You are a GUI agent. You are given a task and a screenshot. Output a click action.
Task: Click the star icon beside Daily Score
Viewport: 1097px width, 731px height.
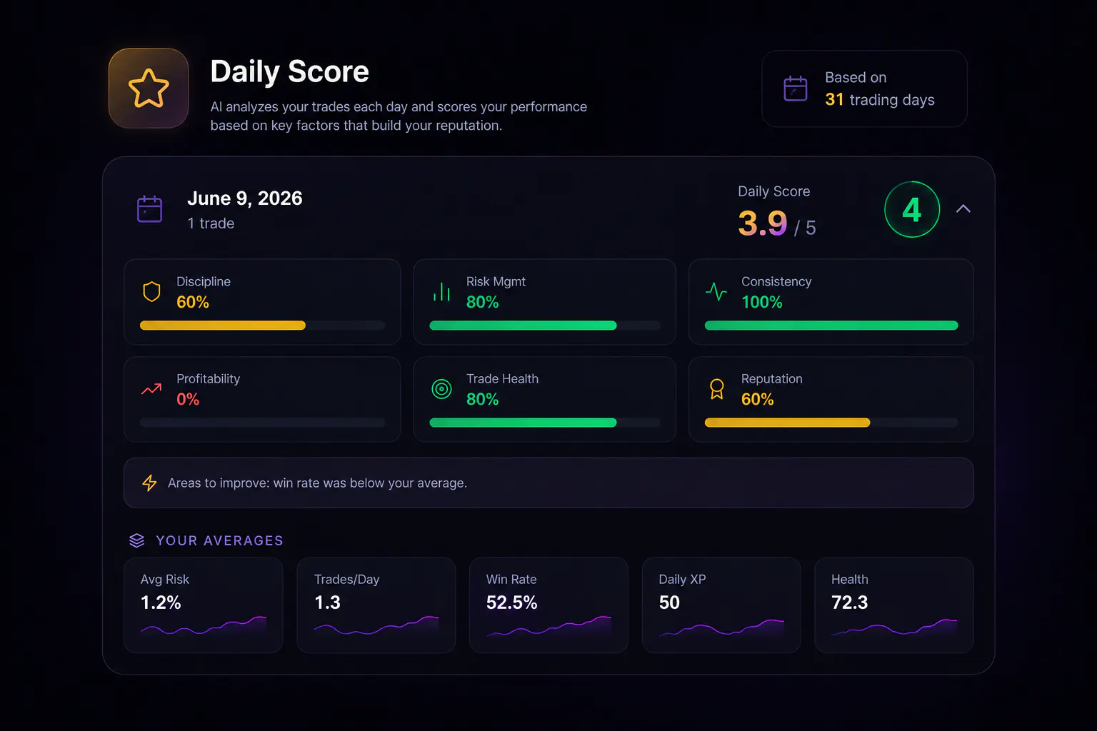149,88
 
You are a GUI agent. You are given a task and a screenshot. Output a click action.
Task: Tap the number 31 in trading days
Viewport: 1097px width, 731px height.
834,99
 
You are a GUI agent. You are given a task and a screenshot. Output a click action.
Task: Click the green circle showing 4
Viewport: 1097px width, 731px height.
911,210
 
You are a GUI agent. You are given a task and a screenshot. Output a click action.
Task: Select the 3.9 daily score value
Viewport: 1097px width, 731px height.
762,223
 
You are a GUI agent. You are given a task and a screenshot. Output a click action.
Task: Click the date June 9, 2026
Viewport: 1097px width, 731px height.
245,198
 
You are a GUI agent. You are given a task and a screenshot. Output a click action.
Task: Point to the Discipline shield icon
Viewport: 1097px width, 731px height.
151,292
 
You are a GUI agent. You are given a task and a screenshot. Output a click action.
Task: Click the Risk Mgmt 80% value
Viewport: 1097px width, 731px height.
482,302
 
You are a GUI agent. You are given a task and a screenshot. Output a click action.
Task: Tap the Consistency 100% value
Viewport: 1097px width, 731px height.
761,302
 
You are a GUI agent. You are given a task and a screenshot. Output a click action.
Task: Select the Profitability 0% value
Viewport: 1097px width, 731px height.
188,400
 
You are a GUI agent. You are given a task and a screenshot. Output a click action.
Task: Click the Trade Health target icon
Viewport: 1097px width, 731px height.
441,389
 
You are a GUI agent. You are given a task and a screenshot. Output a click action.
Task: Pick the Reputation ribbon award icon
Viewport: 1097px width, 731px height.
716,389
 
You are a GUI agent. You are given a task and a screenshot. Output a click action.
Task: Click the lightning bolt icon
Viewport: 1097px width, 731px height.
149,483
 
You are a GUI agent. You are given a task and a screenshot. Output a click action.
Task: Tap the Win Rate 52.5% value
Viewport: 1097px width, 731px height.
512,603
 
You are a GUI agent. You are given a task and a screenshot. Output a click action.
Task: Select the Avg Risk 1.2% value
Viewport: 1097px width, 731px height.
161,603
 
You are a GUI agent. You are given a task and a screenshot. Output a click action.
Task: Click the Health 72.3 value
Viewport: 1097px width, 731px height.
850,603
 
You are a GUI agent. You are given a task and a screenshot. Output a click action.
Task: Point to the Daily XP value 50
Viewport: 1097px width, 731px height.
669,603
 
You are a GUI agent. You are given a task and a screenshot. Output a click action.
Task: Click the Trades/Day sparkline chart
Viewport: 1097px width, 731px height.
376,625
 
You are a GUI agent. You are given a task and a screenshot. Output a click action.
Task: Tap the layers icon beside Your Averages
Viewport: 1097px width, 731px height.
136,540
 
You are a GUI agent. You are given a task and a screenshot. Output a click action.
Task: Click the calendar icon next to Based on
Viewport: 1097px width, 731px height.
796,89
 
